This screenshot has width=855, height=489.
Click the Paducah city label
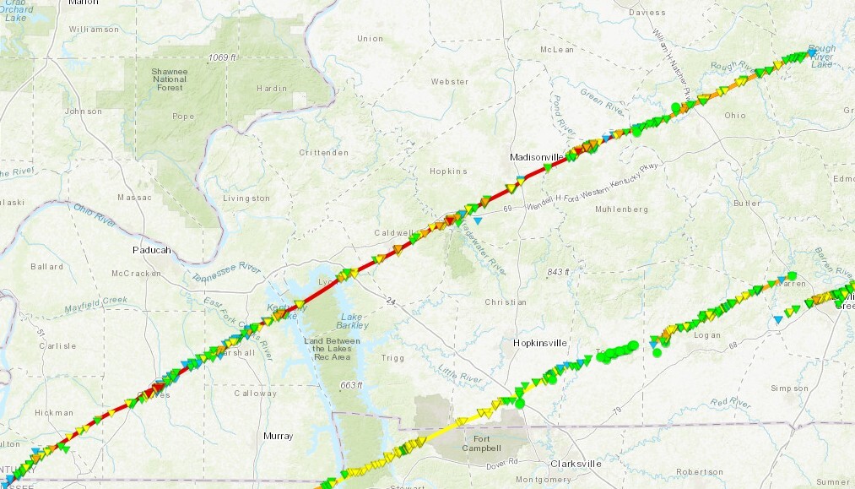pyautogui.click(x=151, y=250)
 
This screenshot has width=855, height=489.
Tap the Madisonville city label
pyautogui.click(x=536, y=157)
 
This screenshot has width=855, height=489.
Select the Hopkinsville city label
pyautogui.click(x=540, y=342)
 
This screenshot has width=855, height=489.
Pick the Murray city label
pyautogui.click(x=278, y=436)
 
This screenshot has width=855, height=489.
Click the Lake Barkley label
pyautogui.click(x=351, y=320)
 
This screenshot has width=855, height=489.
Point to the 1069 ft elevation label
pyautogui.click(x=220, y=57)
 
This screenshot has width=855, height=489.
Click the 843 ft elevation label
pyautogui.click(x=558, y=272)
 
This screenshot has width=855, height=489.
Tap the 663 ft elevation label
pyautogui.click(x=350, y=385)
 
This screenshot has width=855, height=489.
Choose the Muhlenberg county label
pyautogui.click(x=621, y=208)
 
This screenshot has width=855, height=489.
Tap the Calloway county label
pyautogui.click(x=256, y=393)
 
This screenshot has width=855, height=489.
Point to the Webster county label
pyautogui.click(x=449, y=81)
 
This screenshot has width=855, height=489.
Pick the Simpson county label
pyautogui.click(x=793, y=388)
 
